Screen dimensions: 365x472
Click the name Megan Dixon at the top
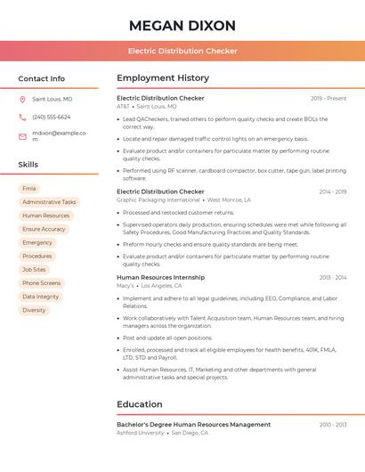(x=182, y=25)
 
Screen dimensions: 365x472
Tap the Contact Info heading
(x=41, y=78)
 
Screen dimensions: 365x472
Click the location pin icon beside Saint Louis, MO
(x=22, y=99)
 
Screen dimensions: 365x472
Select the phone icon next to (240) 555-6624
(x=22, y=117)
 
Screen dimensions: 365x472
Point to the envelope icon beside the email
(x=22, y=136)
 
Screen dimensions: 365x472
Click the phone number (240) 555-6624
(x=52, y=117)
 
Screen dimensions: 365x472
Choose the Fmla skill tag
(x=29, y=189)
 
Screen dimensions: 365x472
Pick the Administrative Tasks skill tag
(x=49, y=202)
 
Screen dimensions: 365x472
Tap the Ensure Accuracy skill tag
(x=44, y=229)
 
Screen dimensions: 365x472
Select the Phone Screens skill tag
(x=42, y=283)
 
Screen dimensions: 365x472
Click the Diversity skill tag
(x=34, y=310)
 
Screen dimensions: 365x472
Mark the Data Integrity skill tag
(x=41, y=297)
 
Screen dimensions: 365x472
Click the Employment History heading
(x=163, y=78)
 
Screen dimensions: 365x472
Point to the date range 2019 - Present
(x=328, y=98)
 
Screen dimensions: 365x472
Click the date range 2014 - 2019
(x=332, y=191)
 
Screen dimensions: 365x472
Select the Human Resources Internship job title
(x=160, y=277)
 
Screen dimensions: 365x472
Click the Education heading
(x=140, y=404)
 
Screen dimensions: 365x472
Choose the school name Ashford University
(x=141, y=433)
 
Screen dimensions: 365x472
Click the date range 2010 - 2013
(x=333, y=425)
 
